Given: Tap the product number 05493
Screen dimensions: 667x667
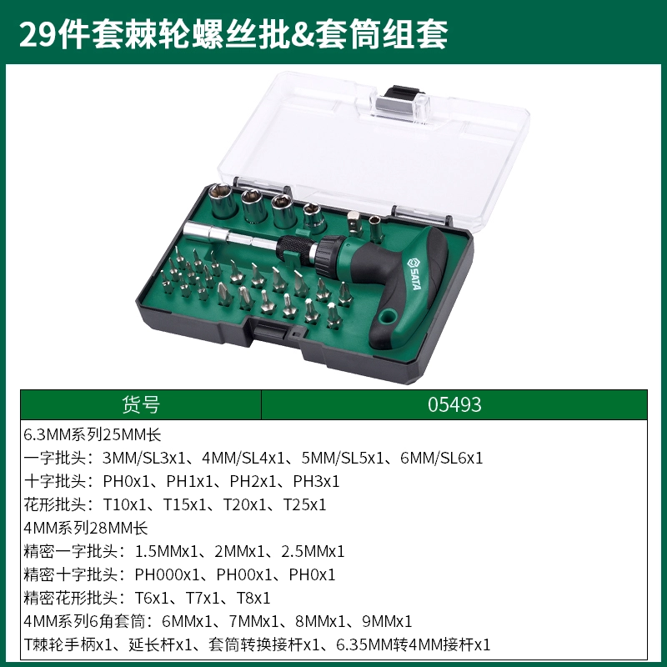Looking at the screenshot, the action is point(454,404).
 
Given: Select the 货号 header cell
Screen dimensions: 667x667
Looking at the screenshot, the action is point(141,404).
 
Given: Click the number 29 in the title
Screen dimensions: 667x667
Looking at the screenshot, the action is point(38,35).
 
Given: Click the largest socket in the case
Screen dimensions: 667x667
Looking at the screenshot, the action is point(222,200).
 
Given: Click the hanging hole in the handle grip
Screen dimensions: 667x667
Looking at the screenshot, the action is point(388,317).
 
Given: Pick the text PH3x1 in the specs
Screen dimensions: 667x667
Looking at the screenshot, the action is point(316,482).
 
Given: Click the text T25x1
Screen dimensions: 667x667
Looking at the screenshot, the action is point(304,505).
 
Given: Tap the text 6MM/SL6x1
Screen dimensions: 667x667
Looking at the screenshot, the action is point(442,458).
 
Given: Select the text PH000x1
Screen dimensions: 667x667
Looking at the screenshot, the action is point(167,574).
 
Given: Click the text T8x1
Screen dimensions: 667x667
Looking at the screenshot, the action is point(253,598).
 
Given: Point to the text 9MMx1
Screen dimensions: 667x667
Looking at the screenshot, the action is point(387,621).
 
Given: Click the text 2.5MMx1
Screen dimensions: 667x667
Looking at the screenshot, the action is point(313,551).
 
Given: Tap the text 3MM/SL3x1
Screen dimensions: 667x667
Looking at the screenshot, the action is point(143,458).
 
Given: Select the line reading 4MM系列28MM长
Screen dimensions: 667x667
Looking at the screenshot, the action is point(86,529).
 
